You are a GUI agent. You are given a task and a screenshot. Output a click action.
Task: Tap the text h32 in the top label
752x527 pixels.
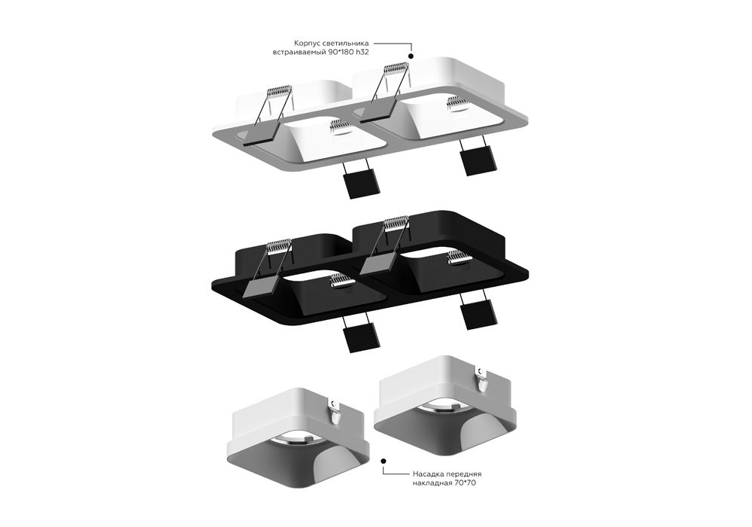365,52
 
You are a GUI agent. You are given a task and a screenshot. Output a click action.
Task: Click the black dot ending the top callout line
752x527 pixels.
411,56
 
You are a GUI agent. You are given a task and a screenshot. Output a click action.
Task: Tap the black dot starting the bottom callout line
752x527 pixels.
384,461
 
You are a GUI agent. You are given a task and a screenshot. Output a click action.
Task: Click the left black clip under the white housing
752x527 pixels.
361,184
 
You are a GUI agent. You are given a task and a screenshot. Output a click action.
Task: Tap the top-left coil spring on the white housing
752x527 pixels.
279,91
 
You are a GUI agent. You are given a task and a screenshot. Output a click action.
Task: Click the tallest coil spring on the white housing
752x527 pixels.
396,69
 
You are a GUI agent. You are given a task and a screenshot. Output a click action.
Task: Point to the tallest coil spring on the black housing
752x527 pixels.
396,223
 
